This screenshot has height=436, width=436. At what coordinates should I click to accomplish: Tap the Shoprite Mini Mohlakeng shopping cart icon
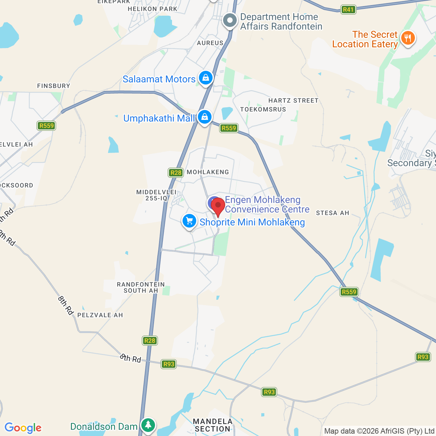pos(189,221)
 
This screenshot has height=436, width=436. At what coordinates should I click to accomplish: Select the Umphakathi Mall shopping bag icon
pos(204,117)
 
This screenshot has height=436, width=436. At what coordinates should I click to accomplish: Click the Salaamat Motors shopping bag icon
pos(206,78)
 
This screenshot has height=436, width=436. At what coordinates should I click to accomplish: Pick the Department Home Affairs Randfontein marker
pos(230,21)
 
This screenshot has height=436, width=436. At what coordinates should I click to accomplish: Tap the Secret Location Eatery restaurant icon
pos(408,38)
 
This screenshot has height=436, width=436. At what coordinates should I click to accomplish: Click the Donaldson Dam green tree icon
pos(148,425)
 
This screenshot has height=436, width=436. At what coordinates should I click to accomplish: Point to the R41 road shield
pos(348,10)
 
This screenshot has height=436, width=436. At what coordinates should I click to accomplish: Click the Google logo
pos(23,428)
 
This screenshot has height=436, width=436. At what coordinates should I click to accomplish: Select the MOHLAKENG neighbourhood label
pos(208,172)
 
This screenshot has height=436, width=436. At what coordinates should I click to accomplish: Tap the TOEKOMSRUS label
pos(263,109)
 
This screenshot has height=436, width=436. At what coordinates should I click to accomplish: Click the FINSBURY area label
pos(53,86)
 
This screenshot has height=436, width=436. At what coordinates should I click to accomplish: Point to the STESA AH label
pos(332,213)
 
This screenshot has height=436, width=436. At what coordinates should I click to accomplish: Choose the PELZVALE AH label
pos(100,315)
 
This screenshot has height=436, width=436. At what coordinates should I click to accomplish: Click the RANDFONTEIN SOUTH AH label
pos(141,287)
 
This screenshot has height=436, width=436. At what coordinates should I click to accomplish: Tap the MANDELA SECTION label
pos(213,425)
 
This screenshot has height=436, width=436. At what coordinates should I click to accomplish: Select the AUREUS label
pos(210,43)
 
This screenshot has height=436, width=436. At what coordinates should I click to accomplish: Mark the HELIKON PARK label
pos(153,9)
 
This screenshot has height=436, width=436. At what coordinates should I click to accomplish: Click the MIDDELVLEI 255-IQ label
pos(156,195)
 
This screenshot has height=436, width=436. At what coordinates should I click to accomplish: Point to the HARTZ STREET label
pos(293,100)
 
